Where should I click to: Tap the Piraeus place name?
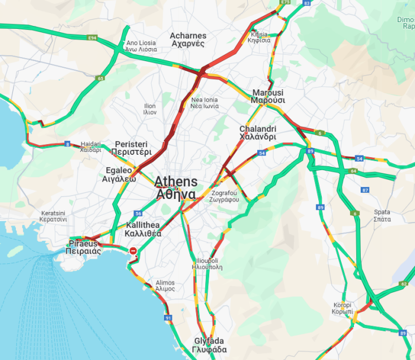[83, 247]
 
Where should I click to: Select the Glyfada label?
[209, 345]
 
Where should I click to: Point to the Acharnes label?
[188, 40]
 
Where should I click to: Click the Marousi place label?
[268, 96]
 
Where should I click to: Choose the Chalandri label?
[257, 133]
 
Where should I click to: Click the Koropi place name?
[343, 308]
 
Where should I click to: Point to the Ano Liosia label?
[141, 46]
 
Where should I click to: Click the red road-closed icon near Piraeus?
[133, 250]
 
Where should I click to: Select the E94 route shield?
[92, 38]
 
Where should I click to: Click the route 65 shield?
[100, 79]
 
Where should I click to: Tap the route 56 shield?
[138, 214]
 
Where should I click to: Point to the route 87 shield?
[365, 190]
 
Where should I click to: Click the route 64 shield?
[353, 171]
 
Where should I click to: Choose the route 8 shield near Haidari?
[67, 144]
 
